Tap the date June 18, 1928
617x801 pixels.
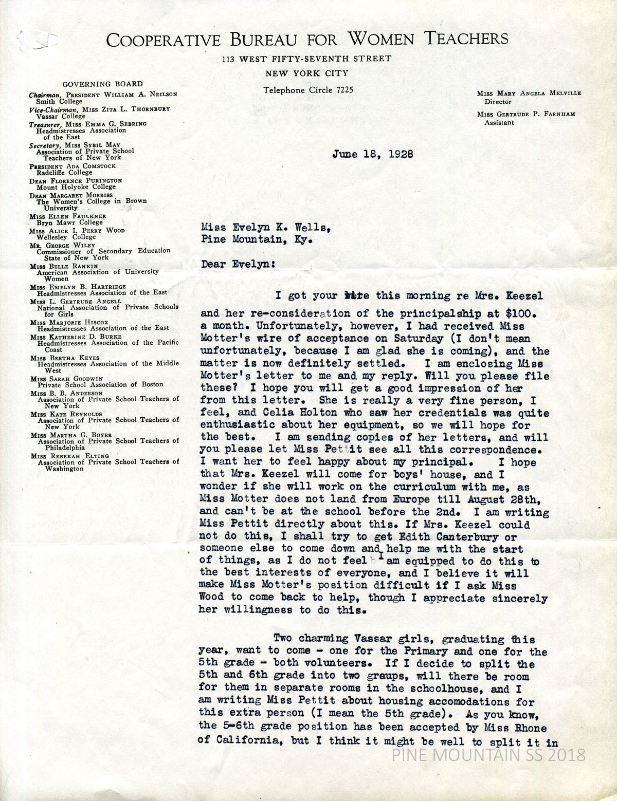[373, 154]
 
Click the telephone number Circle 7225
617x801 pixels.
[308, 90]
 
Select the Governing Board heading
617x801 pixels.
[103, 84]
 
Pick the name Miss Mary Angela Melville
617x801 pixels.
[521, 94]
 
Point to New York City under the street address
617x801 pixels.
[307, 73]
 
